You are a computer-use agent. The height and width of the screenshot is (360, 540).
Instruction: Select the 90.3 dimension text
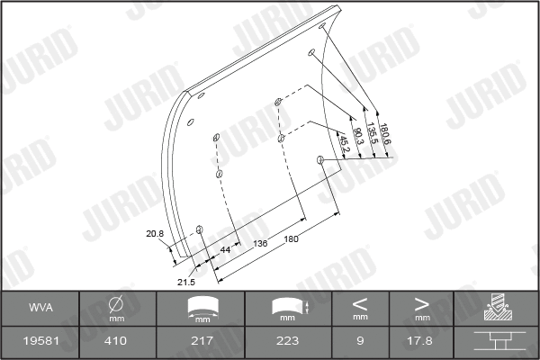(x=358, y=137)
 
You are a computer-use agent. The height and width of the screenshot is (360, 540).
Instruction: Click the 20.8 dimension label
(x=155, y=234)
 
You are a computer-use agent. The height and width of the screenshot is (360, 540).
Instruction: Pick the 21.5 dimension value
(x=185, y=282)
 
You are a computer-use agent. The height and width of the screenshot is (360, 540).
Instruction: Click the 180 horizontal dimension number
(x=291, y=238)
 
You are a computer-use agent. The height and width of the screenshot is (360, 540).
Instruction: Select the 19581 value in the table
(x=40, y=341)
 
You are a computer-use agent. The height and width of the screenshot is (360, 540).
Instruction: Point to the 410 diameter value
(x=117, y=341)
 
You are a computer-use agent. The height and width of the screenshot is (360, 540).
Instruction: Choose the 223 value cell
(x=287, y=341)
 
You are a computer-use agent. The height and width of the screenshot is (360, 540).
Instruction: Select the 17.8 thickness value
(x=421, y=341)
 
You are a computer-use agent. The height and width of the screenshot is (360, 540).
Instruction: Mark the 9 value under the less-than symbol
(x=359, y=341)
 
